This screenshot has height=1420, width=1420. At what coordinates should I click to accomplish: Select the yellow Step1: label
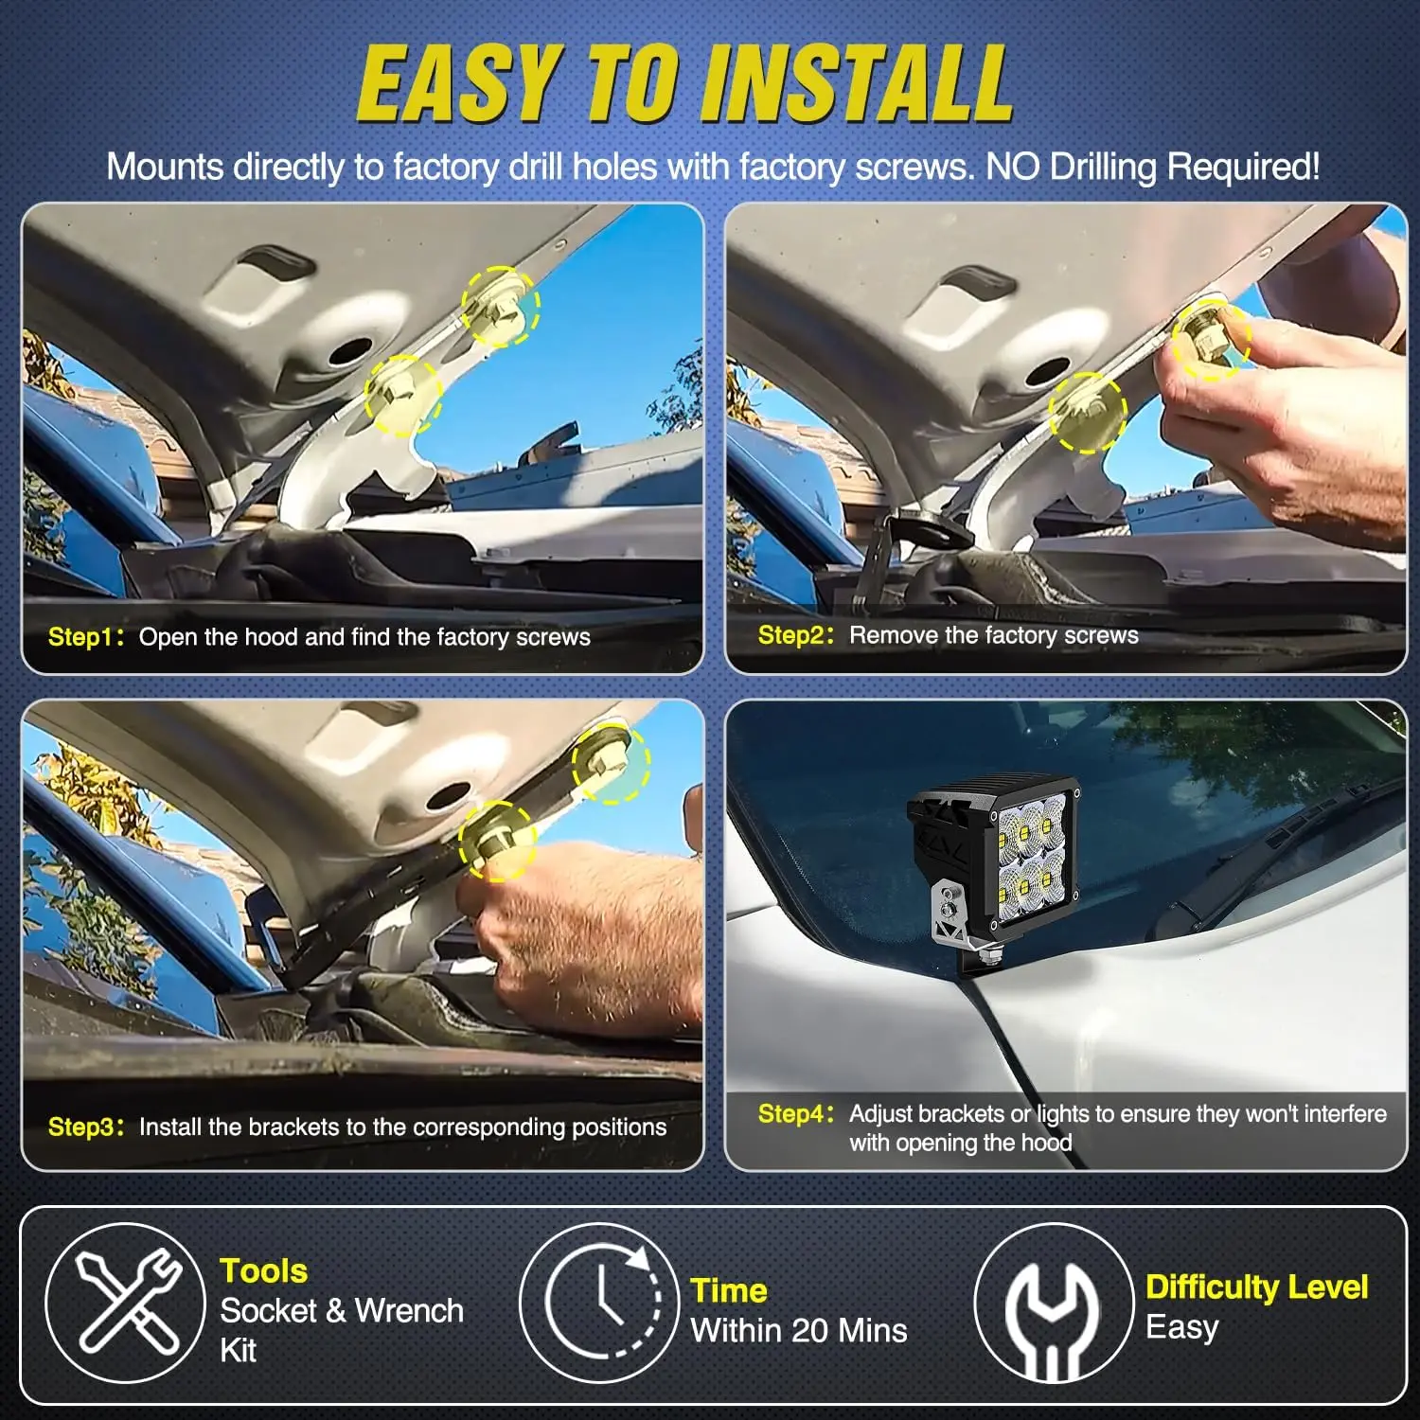86,637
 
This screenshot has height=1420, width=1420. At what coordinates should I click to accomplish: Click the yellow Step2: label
796,635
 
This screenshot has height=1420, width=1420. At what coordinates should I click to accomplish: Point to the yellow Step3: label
86,1127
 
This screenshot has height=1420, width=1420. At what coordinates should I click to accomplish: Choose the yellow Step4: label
796,1113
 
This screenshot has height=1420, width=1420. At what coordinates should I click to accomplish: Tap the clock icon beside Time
599,1303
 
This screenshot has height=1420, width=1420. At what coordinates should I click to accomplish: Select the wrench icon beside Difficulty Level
1053,1304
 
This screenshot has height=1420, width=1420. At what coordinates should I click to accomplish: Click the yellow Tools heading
264,1270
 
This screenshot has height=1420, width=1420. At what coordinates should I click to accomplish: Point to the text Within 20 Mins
799,1330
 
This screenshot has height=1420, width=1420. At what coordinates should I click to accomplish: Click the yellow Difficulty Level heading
1257,1287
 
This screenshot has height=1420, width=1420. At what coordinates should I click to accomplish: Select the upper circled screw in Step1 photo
500,306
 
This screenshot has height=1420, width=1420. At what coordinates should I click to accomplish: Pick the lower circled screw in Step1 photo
403,395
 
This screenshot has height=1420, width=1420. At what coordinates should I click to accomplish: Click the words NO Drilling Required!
1152,168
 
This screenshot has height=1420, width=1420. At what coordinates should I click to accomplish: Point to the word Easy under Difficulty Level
1181,1327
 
